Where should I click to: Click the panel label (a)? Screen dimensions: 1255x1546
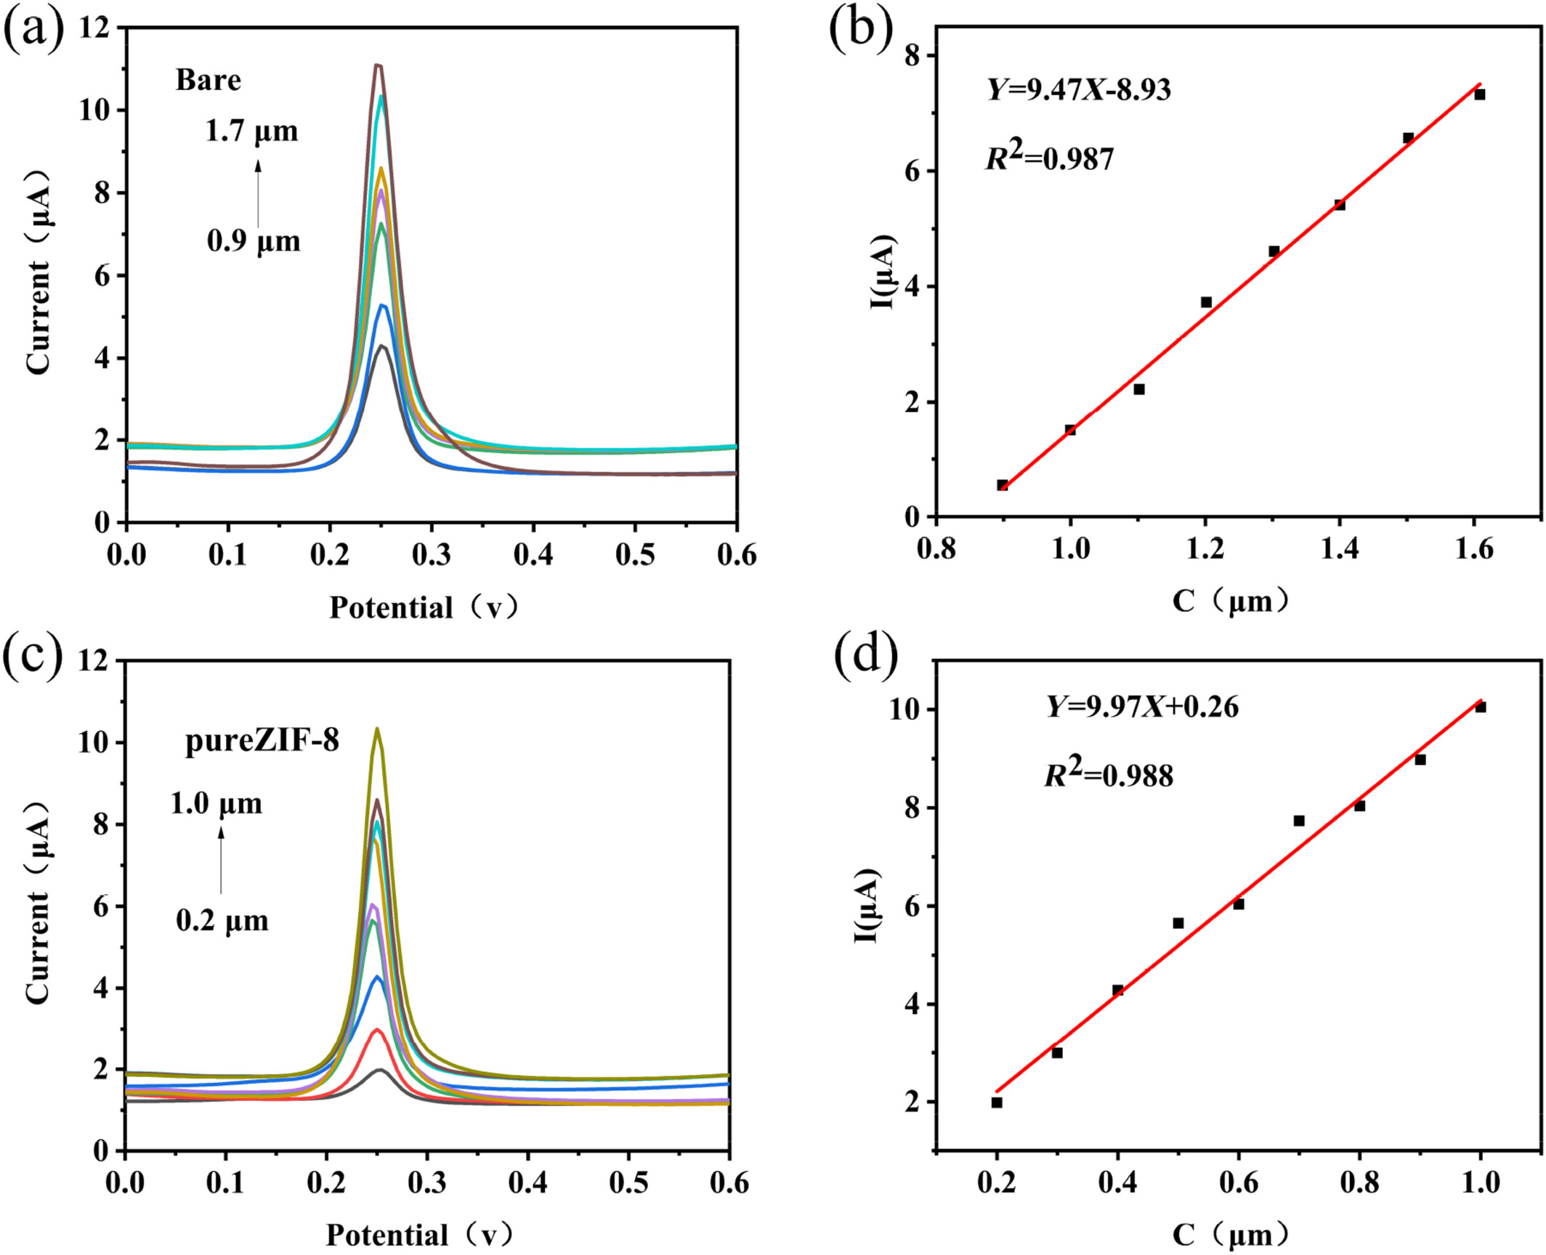click(x=34, y=33)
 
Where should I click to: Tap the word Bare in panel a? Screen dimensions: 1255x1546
click(x=209, y=80)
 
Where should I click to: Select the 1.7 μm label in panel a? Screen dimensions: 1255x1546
click(x=251, y=131)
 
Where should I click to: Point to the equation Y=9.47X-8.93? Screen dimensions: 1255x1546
click(x=1079, y=90)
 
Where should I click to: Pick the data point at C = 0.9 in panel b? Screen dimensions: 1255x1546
click(x=1003, y=485)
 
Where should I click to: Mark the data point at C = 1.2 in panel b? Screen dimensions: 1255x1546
click(x=1206, y=302)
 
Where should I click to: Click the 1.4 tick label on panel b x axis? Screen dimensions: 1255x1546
click(x=1340, y=549)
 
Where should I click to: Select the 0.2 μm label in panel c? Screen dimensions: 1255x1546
click(x=222, y=921)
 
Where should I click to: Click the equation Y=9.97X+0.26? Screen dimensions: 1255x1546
click(x=1142, y=707)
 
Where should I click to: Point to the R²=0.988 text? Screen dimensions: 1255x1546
click(x=1109, y=774)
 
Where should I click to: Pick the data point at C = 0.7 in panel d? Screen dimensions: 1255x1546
click(x=1299, y=821)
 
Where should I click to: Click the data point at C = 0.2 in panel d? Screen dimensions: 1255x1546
click(x=997, y=1102)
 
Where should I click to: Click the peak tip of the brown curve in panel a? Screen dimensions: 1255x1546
click(x=378, y=65)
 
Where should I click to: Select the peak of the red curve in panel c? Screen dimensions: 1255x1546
click(x=376, y=1030)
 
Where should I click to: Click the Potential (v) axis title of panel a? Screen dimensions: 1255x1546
click(x=424, y=607)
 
